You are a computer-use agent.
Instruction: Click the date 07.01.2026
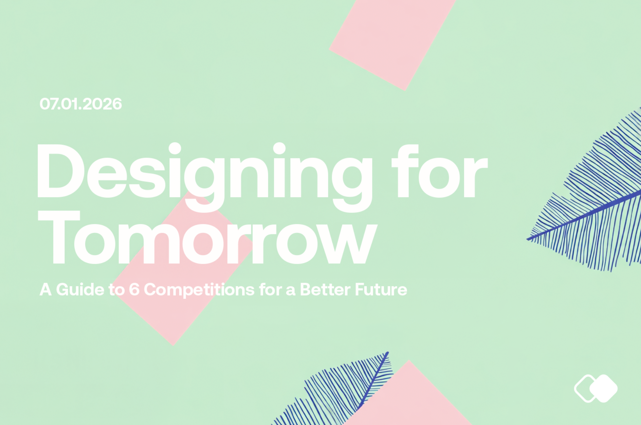[x=80, y=104]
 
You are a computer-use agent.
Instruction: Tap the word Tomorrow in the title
[x=207, y=238]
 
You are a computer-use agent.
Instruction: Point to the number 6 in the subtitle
[x=134, y=290]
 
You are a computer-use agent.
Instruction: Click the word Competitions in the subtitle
[x=199, y=290]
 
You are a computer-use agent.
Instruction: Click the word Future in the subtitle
[x=381, y=290]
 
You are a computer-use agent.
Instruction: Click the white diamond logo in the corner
[x=596, y=388]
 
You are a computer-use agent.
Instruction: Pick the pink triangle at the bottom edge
[x=411, y=401]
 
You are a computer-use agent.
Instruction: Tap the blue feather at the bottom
[x=343, y=394]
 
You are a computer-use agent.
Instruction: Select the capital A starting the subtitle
[x=45, y=290]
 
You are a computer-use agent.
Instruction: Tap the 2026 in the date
[x=102, y=104]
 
